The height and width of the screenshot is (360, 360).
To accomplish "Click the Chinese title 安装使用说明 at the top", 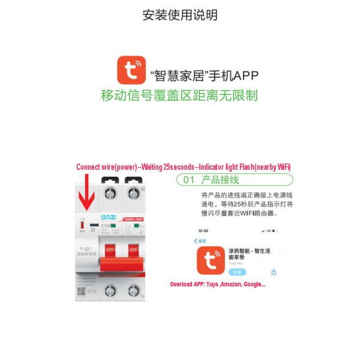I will (179, 15).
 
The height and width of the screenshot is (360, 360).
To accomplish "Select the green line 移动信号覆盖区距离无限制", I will (179, 95).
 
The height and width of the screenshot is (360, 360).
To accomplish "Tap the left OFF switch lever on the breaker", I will (110, 248).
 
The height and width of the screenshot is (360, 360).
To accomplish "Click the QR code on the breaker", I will (82, 291).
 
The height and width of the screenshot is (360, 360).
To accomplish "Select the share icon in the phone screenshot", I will (274, 272).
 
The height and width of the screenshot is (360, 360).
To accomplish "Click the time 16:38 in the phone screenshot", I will (203, 230).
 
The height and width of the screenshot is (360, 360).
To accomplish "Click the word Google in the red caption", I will (253, 284).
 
